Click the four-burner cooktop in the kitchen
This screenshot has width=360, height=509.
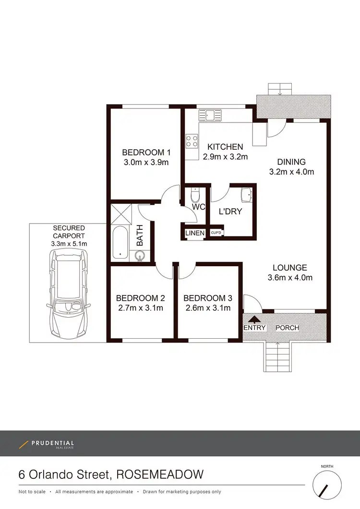coord(192,141)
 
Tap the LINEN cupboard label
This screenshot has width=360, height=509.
coord(195,234)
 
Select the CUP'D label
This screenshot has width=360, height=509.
coord(216,234)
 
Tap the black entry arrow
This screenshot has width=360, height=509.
coord(254,318)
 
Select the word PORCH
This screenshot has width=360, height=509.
coord(287,328)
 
